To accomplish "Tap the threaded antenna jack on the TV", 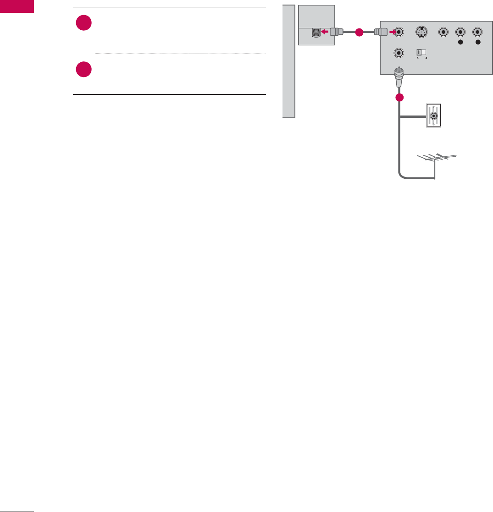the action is coord(316,33).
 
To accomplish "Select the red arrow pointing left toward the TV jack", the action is coord(327,33).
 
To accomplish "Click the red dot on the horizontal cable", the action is coord(359,33).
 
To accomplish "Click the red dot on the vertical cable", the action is coord(399,98).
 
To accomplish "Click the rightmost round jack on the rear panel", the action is coord(477,33).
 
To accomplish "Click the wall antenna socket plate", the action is coord(433,116).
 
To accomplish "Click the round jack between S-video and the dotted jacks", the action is coord(443,33).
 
